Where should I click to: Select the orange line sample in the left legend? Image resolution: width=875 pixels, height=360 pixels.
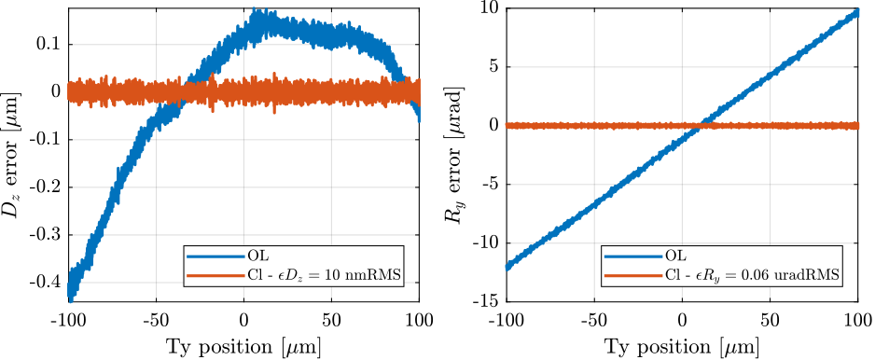click(215, 275)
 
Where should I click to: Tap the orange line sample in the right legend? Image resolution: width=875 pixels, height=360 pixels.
click(633, 275)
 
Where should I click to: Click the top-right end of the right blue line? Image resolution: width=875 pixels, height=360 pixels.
click(855, 12)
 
